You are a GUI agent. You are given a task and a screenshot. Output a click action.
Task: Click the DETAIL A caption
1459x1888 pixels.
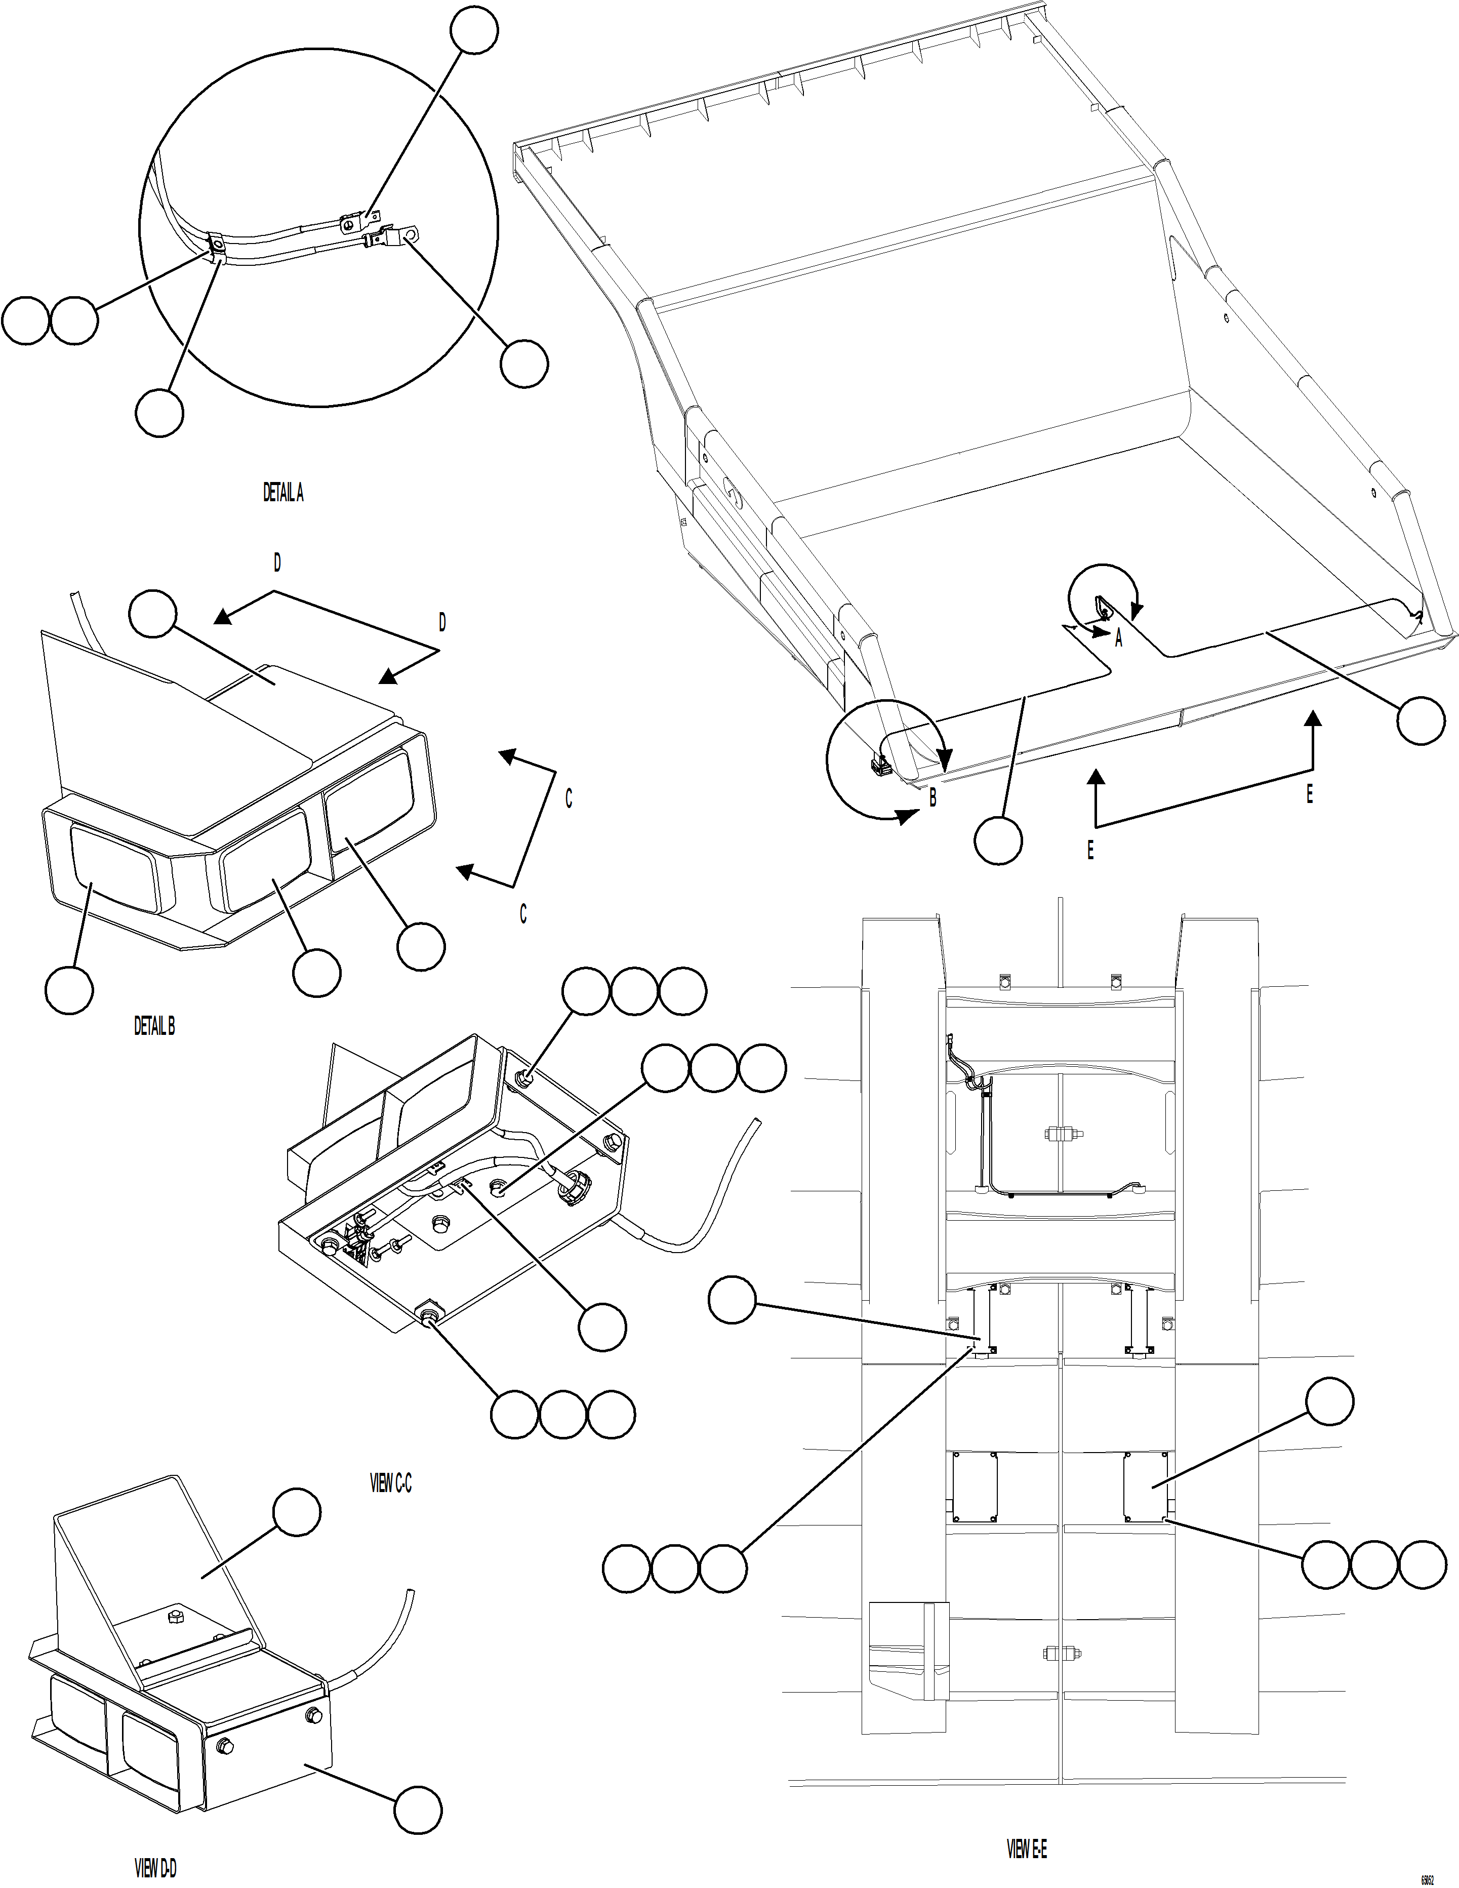tap(282, 493)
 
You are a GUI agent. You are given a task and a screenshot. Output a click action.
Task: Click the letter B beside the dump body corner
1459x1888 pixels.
tap(933, 799)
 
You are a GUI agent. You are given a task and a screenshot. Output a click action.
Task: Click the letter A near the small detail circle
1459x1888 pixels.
tap(1118, 639)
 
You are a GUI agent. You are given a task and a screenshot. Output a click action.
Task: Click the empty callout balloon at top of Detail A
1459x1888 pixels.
tap(474, 31)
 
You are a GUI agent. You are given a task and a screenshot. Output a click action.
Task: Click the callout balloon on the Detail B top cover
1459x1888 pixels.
tap(153, 614)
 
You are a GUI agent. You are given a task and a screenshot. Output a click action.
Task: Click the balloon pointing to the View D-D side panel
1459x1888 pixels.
tap(418, 1810)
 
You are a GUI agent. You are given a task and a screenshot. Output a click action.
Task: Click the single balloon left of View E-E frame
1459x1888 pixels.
tap(732, 1302)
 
